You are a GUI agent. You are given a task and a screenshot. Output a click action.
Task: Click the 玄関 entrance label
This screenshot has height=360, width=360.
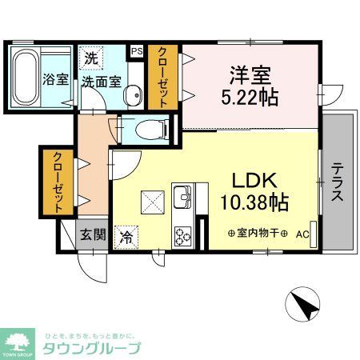(92, 234)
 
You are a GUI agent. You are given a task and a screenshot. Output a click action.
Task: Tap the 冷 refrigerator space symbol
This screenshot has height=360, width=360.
(126, 236)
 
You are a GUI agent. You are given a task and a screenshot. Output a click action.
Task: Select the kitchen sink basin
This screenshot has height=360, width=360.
(182, 197)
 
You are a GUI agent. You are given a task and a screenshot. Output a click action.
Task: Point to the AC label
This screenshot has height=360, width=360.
(302, 234)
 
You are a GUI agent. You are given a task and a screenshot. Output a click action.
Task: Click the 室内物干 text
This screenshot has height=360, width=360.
(257, 234)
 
